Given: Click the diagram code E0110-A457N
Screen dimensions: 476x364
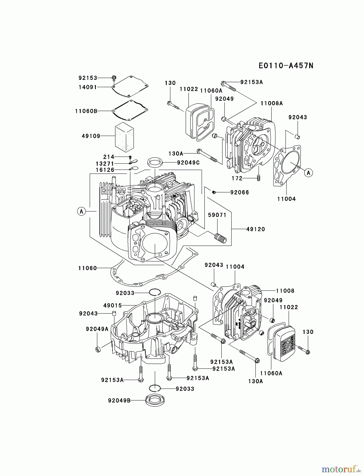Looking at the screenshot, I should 286,66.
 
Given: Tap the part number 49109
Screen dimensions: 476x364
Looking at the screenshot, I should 91,136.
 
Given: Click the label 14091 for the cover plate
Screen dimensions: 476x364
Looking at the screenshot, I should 88,87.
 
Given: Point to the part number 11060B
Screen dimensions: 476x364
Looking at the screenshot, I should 86,111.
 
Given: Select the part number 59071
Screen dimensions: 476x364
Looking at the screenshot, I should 217,215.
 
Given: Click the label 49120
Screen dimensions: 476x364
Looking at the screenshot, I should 255,229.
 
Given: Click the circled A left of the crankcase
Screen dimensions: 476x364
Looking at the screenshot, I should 81,211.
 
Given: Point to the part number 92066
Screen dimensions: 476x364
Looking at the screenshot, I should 239,193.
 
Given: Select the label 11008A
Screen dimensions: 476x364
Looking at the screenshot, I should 271,103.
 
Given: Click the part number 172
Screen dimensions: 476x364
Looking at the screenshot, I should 237,178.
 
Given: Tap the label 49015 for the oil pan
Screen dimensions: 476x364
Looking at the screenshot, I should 112,305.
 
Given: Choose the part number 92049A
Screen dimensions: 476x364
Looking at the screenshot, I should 97,329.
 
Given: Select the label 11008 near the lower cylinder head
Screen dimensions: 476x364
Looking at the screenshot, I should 285,291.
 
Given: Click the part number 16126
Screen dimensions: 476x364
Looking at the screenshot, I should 105,170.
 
